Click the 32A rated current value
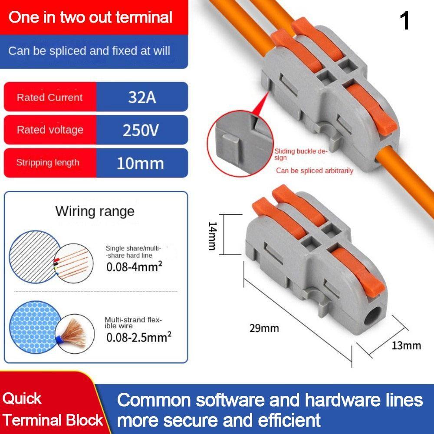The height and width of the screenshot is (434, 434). [142, 97]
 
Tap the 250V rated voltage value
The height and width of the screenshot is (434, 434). [141, 130]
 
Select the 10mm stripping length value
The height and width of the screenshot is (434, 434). [140, 163]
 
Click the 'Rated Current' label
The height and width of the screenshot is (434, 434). [49, 97]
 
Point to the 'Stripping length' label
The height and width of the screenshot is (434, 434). [48, 162]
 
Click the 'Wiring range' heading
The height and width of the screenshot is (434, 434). [95, 212]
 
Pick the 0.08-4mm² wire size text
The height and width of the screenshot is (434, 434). [134, 267]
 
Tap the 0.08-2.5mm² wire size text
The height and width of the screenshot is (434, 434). [139, 337]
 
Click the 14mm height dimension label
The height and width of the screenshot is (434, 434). [212, 236]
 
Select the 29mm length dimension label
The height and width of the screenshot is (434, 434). [264, 328]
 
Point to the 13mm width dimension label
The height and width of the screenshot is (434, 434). [406, 346]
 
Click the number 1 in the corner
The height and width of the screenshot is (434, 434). [404, 21]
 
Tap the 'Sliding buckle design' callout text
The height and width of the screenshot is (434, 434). [301, 155]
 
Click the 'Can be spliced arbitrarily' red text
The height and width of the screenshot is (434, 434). [315, 171]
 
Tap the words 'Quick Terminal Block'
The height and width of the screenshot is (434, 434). [53, 409]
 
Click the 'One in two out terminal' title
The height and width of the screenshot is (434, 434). [91, 17]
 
